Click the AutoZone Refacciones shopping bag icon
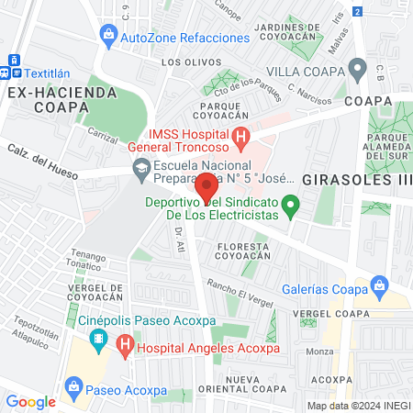108,37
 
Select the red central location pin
206,186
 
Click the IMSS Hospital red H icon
241,140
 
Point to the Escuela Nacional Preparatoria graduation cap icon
141,169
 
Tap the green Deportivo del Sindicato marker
291,205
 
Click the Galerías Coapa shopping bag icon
377,285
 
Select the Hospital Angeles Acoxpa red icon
126,347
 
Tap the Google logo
30,401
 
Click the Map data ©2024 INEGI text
357,405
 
